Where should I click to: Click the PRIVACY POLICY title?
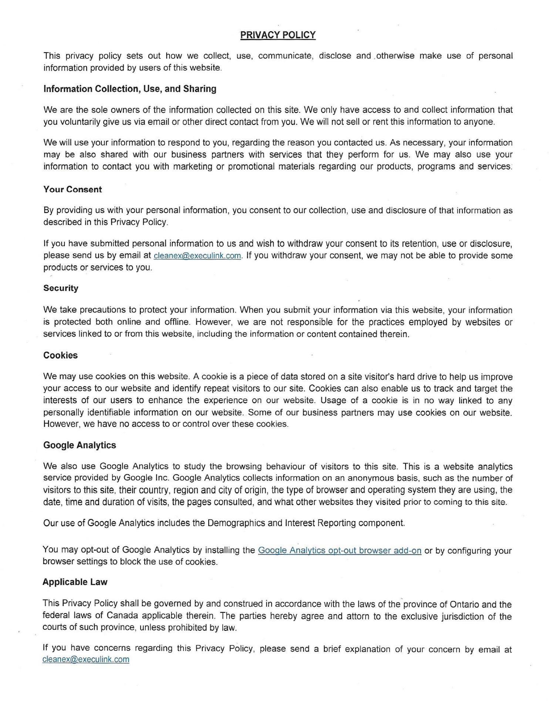click(x=278, y=35)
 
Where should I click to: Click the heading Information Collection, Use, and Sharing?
click(x=130, y=89)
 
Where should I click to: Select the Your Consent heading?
click(x=73, y=189)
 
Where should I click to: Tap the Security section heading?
click(x=61, y=288)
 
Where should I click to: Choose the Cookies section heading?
click(x=60, y=355)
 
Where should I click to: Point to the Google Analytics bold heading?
click(x=80, y=445)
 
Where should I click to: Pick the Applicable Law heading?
click(x=75, y=582)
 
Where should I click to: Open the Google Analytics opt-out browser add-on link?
click(x=339, y=551)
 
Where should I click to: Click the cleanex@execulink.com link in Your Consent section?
click(x=197, y=256)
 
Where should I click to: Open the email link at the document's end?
click(x=86, y=659)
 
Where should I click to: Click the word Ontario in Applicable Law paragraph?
click(x=464, y=605)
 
